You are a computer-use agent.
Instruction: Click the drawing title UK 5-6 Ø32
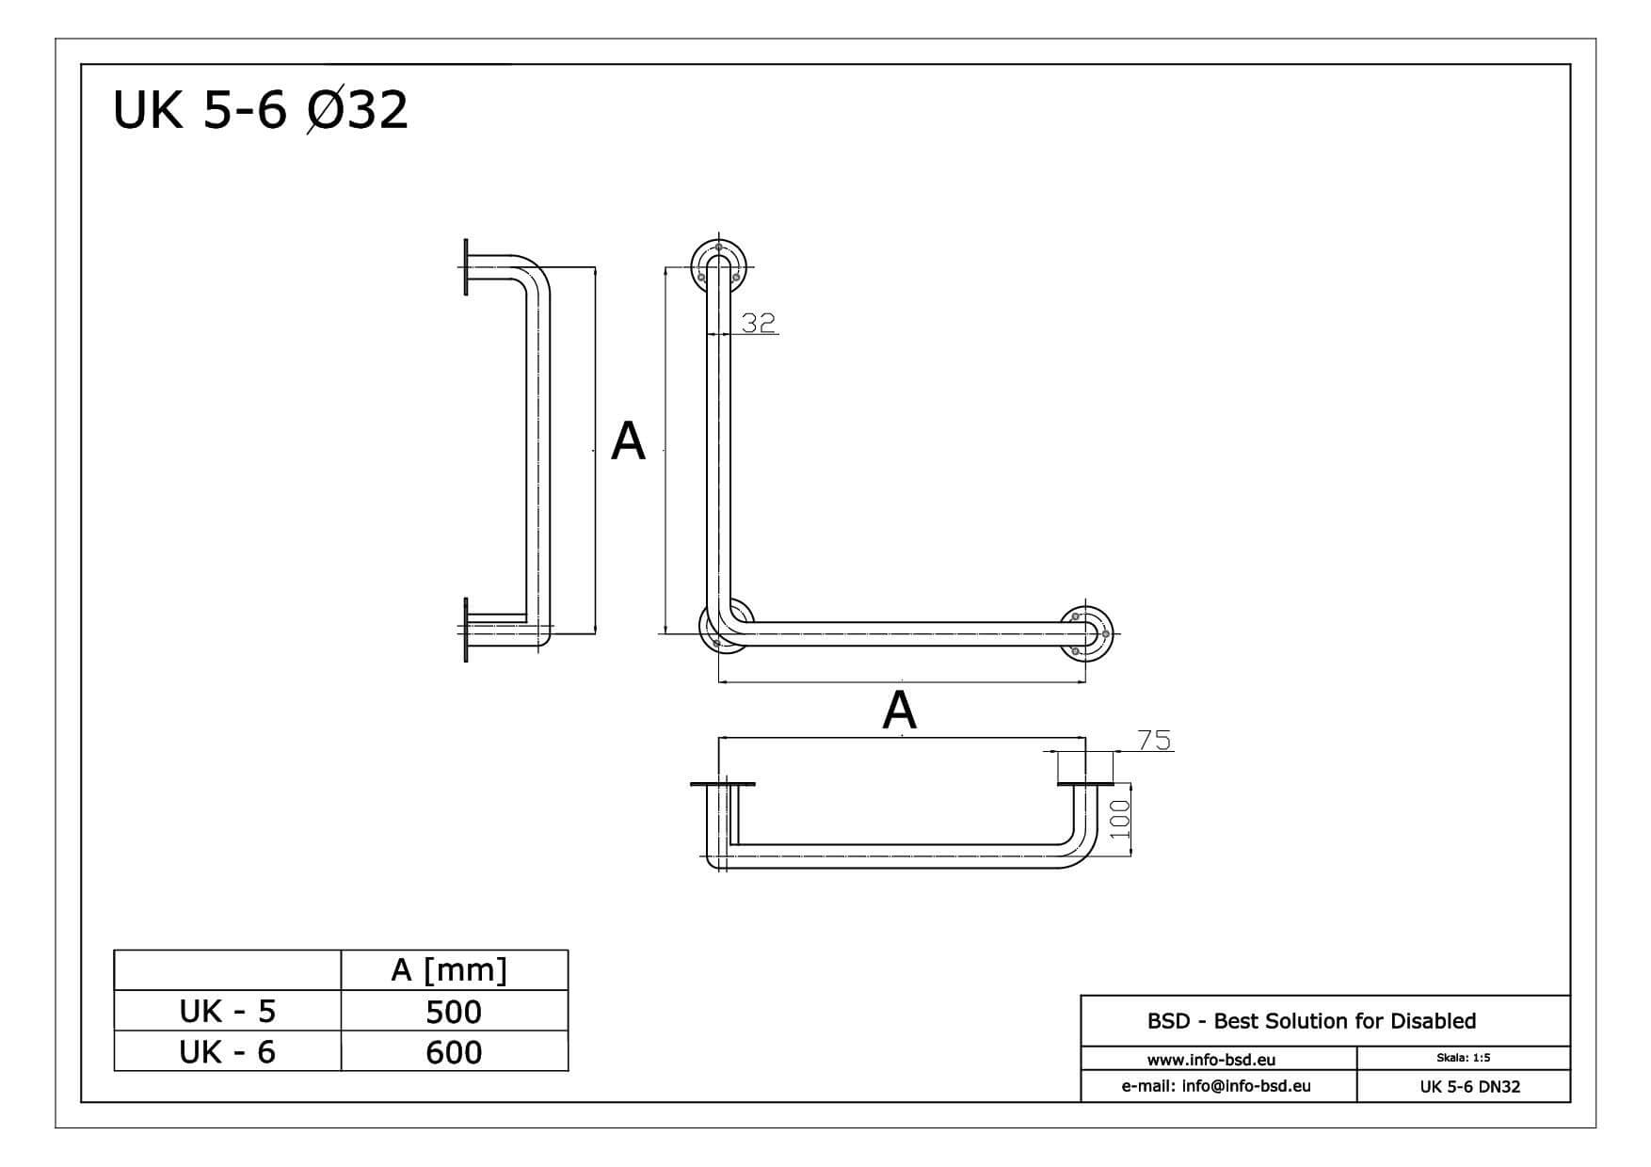click(260, 110)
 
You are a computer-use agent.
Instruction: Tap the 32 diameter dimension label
click(758, 323)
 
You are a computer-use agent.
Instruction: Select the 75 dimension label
click(1154, 741)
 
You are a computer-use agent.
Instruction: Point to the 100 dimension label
click(1119, 820)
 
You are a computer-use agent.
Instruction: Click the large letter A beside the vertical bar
click(628, 440)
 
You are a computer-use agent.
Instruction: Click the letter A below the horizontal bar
click(899, 711)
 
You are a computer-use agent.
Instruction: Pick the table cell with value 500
click(453, 1012)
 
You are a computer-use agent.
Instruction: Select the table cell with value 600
click(453, 1051)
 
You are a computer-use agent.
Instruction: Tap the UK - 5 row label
click(227, 1011)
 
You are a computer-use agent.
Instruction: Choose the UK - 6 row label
click(227, 1051)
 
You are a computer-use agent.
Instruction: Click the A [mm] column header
click(449, 969)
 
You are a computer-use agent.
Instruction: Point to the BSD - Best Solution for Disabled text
click(1310, 1021)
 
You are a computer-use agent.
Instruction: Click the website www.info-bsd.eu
click(1210, 1060)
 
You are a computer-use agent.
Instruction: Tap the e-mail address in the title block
click(1215, 1086)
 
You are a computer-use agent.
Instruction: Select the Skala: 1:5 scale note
click(1463, 1058)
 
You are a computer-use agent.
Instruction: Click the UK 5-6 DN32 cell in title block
click(1469, 1087)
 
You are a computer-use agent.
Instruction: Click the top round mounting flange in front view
click(718, 264)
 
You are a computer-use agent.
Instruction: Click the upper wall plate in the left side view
click(466, 267)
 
